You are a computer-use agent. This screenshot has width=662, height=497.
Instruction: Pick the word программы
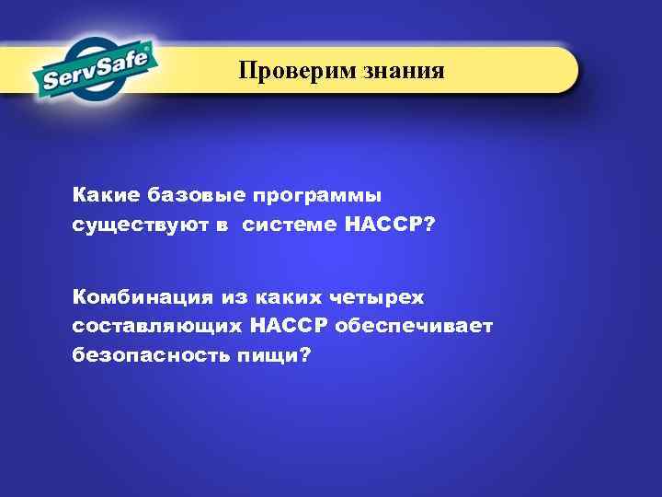coord(316,196)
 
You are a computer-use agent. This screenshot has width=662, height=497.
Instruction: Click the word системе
coord(291,225)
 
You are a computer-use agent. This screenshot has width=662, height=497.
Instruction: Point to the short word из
coord(230,297)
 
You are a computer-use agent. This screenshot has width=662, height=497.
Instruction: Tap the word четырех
coord(378,297)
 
